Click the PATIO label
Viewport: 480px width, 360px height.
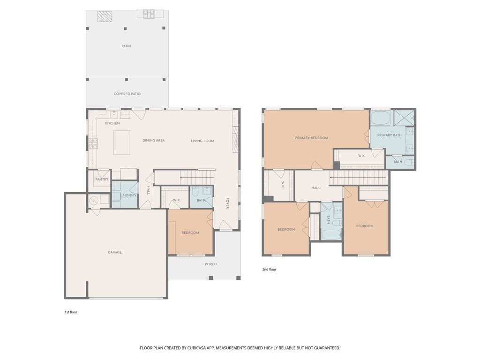point(126,46)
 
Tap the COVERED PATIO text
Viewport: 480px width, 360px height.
point(127,94)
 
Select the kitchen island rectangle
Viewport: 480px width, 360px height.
point(122,142)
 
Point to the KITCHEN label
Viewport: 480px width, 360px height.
point(112,123)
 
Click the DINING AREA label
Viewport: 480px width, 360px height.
point(154,141)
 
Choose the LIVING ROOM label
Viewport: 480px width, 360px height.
point(202,141)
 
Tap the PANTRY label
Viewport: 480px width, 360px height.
point(102,180)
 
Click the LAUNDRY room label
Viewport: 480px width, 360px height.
point(128,195)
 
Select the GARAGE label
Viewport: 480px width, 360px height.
point(115,252)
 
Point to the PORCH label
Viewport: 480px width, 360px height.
point(210,264)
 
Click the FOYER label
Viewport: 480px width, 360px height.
point(228,202)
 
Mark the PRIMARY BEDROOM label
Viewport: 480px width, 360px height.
point(311,138)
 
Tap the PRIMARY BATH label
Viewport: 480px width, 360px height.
point(390,135)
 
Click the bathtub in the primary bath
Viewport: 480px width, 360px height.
point(381,118)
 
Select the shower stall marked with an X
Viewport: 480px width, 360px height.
point(403,118)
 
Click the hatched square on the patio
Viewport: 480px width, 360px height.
point(105,16)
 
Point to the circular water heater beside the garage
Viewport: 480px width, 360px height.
point(93,200)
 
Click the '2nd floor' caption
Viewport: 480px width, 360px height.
point(269,270)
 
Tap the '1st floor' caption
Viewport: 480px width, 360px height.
point(71,312)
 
